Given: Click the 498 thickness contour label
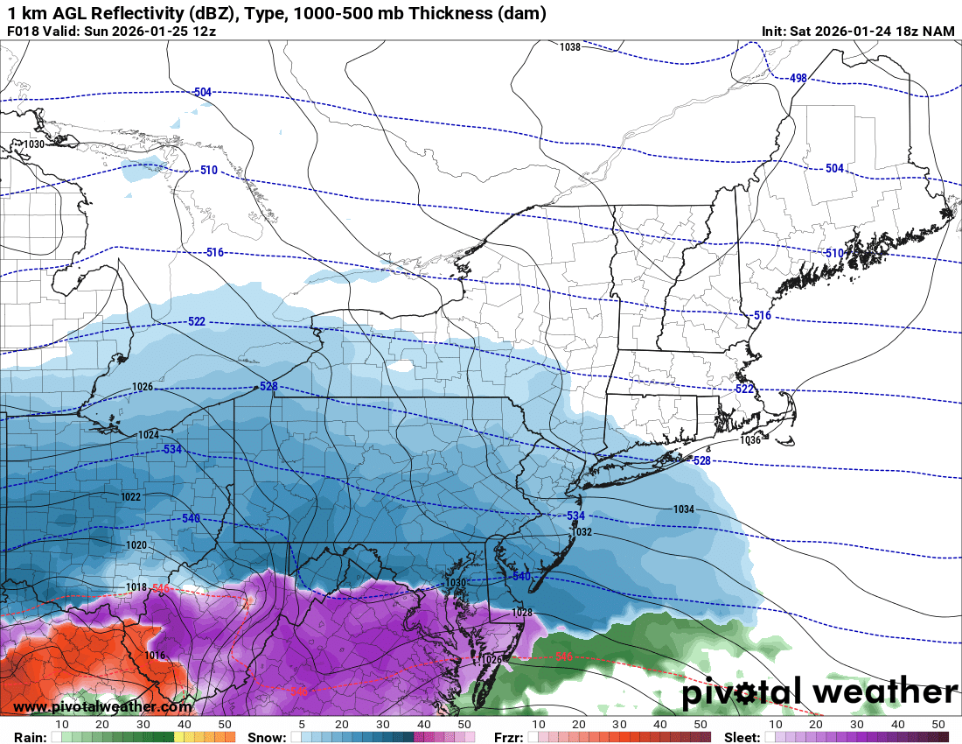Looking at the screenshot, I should click(x=798, y=78).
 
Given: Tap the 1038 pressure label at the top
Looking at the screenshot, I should click(x=570, y=47).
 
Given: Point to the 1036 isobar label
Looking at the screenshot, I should click(x=750, y=440).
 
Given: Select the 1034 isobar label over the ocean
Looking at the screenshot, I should click(x=684, y=509).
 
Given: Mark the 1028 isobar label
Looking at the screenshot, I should click(x=522, y=613).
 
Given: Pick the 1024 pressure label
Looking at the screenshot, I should click(x=149, y=435).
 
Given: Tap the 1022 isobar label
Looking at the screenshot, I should click(x=130, y=497).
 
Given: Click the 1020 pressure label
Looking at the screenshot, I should click(x=136, y=544).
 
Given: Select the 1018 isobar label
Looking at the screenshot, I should click(x=136, y=587).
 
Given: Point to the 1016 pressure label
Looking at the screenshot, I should click(x=155, y=655).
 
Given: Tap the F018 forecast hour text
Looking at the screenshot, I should click(x=23, y=32).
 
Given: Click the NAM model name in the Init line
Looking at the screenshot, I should click(x=938, y=32).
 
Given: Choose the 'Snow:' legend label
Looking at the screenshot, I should click(x=266, y=737).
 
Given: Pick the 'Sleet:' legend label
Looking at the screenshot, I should click(x=746, y=737).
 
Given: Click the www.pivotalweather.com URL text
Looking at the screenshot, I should click(x=102, y=706).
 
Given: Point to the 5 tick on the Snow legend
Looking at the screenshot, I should click(x=302, y=725).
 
